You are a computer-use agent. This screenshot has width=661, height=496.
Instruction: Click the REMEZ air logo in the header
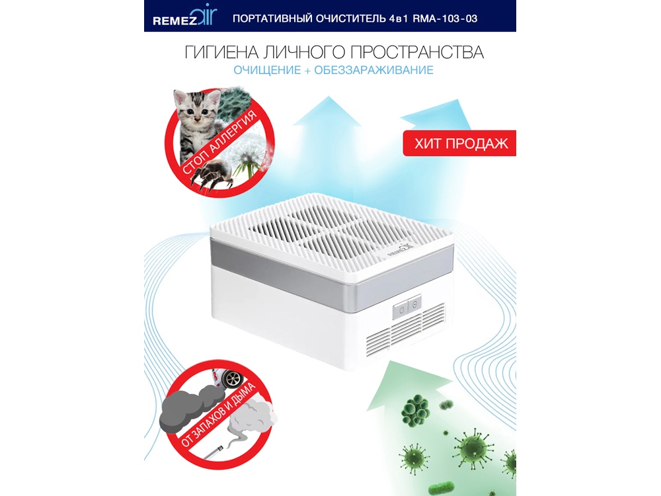pyautogui.click(x=184, y=17)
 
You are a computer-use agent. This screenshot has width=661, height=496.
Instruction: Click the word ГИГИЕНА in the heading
pyautogui.click(x=221, y=52)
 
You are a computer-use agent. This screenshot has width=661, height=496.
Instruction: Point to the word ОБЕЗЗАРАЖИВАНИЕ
pyautogui.click(x=373, y=70)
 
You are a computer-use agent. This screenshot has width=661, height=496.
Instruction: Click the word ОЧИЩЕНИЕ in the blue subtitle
pyautogui.click(x=267, y=70)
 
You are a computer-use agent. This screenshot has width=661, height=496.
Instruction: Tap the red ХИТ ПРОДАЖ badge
pyautogui.click(x=459, y=144)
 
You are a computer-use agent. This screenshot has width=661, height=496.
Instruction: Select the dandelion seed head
pyautogui.click(x=248, y=155)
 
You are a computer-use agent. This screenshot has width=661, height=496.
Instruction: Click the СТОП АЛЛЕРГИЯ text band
pyautogui.click(x=219, y=143)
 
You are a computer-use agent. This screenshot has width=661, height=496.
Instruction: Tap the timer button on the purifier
pyautogui.click(x=414, y=304)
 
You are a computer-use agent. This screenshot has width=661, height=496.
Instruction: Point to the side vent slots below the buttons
pyautogui.click(x=405, y=331)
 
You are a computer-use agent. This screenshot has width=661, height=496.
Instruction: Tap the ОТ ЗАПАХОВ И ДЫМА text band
pyautogui.click(x=218, y=415)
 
